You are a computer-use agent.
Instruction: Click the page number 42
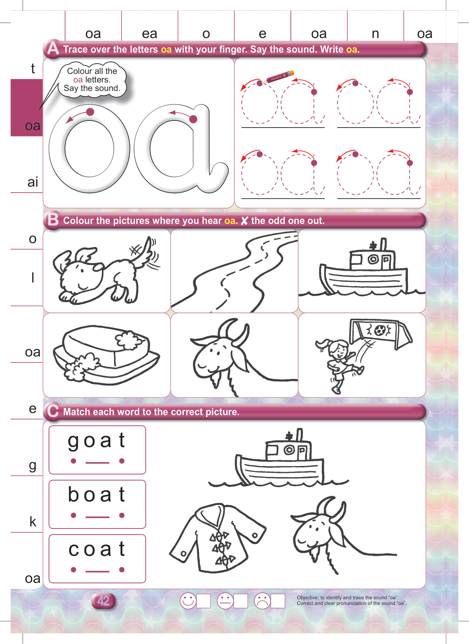[x=103, y=601]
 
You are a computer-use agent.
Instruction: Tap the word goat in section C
[x=96, y=441]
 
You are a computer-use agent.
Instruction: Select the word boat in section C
[x=96, y=494]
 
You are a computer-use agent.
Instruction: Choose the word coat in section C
[x=97, y=549]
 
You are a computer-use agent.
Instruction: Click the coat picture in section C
[x=218, y=537]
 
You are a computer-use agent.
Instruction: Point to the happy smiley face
[x=188, y=601]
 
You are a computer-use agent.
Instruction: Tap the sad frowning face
[x=262, y=601]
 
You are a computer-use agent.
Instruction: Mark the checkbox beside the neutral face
[x=241, y=601]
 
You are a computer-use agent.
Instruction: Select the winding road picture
[x=235, y=271]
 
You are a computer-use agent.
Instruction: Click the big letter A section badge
[x=53, y=49]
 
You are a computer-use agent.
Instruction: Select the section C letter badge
[x=53, y=411]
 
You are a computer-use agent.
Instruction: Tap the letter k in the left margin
[x=33, y=521]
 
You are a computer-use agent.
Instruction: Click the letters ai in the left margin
[x=33, y=182]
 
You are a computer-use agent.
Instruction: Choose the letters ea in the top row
[x=149, y=34]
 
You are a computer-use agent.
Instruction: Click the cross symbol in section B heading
[x=244, y=221]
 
